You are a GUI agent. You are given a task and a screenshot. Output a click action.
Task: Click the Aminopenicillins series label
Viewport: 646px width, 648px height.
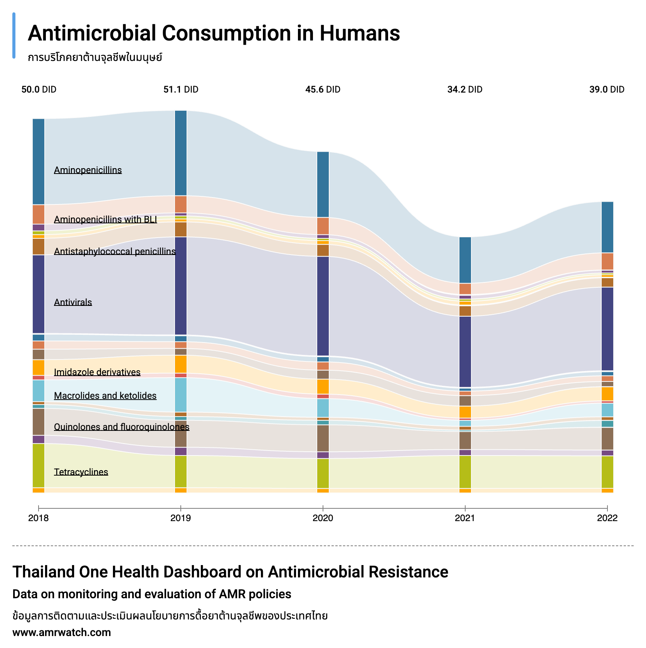tap(88, 170)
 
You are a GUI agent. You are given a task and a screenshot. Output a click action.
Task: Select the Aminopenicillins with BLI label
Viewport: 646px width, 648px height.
tap(105, 219)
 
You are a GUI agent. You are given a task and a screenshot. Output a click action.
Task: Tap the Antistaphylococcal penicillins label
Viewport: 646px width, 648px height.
tap(114, 251)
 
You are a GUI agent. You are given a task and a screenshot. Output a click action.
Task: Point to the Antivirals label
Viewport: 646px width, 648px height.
tap(73, 302)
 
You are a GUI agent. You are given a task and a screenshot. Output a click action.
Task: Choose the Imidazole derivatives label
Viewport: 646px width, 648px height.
tap(97, 372)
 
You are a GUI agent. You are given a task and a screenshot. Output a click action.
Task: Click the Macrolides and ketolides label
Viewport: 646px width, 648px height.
tap(105, 396)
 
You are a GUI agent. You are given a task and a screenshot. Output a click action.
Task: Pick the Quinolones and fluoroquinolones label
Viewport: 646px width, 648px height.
tap(121, 427)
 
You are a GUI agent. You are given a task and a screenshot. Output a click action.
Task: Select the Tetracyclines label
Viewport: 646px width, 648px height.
tap(81, 472)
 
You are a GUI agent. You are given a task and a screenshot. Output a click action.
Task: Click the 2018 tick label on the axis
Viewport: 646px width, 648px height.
tap(39, 518)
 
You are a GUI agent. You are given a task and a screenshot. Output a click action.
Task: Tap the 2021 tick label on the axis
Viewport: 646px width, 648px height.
tap(465, 518)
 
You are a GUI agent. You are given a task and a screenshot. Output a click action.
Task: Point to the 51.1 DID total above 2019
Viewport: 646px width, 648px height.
tap(181, 90)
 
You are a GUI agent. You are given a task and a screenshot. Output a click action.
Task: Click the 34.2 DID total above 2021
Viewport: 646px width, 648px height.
tap(465, 90)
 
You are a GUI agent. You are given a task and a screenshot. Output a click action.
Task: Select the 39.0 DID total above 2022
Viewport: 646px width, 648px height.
tap(607, 90)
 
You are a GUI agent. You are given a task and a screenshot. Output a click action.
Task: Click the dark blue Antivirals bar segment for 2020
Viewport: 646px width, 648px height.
tap(323, 306)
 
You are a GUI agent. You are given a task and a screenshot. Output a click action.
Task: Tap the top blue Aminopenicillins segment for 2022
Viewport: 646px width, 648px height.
tap(607, 227)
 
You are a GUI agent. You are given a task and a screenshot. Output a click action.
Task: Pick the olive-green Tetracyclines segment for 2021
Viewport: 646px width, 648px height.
tap(465, 472)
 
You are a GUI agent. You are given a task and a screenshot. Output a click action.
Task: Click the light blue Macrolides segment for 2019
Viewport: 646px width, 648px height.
tap(181, 395)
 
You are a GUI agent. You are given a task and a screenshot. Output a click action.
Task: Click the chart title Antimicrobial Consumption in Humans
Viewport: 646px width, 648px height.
tap(214, 33)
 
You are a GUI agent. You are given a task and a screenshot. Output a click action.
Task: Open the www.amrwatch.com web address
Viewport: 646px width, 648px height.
tap(62, 633)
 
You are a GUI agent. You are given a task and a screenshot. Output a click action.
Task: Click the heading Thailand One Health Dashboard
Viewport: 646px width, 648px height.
tap(230, 572)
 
